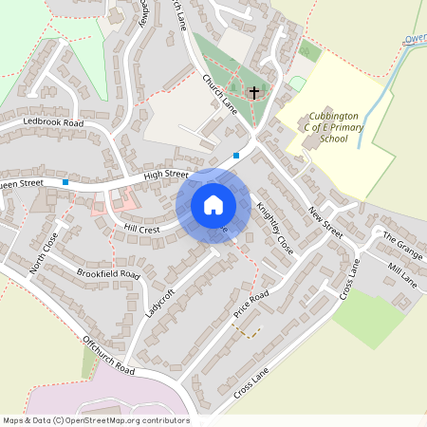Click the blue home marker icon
click(x=213, y=205)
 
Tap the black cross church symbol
click(x=253, y=93)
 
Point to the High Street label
click(x=160, y=175)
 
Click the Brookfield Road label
click(x=108, y=274)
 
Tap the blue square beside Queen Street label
click(x=65, y=181)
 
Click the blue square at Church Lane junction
click(x=235, y=156)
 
